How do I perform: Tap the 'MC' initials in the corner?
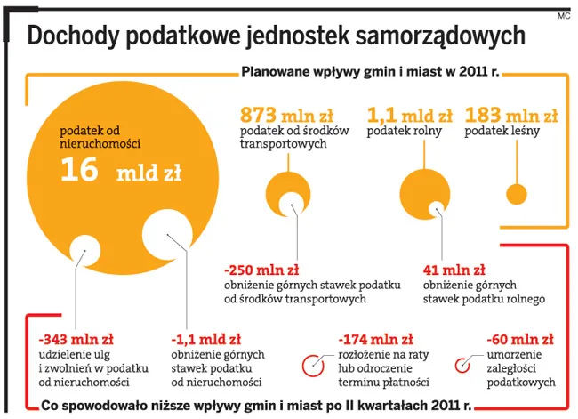point(564,16)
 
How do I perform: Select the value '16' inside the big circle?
point(79,170)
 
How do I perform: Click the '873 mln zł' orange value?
point(286,115)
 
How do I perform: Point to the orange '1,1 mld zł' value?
point(410,115)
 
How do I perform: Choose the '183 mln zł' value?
point(511,115)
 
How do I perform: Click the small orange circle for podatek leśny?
point(517,194)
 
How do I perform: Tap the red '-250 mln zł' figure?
point(261,270)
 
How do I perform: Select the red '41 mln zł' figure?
point(454,270)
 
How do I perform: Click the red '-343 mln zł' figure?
point(76,339)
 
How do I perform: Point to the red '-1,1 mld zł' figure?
point(205,339)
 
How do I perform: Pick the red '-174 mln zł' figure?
point(375,339)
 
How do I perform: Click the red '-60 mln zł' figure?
point(520,339)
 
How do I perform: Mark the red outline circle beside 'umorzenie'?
point(455,366)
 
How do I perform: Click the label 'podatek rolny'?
point(404,131)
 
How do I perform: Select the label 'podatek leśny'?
point(502,131)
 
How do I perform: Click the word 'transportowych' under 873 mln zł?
point(283,143)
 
